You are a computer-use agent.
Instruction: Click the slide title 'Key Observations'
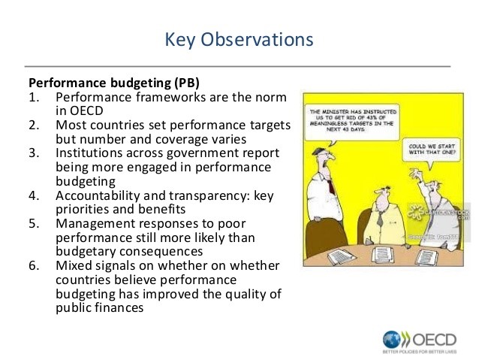coord(239,39)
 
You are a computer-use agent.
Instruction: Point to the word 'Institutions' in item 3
coord(89,153)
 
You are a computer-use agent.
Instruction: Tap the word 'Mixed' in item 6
coord(72,266)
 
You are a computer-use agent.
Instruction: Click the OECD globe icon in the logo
coord(393,338)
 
